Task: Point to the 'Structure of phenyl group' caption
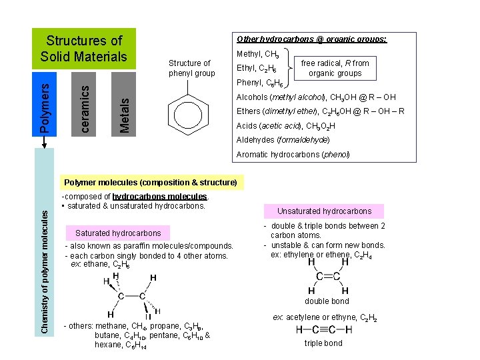click(x=191, y=68)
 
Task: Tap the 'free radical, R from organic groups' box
click(x=335, y=68)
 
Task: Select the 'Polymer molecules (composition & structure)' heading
click(x=149, y=182)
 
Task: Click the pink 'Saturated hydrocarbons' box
click(x=118, y=233)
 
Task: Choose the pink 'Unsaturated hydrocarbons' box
click(x=324, y=211)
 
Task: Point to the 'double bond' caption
click(x=327, y=301)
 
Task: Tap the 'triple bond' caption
click(x=323, y=343)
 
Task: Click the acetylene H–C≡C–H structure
click(x=323, y=330)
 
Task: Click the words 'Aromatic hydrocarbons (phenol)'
click(x=293, y=155)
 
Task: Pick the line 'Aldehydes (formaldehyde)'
click(x=283, y=140)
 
